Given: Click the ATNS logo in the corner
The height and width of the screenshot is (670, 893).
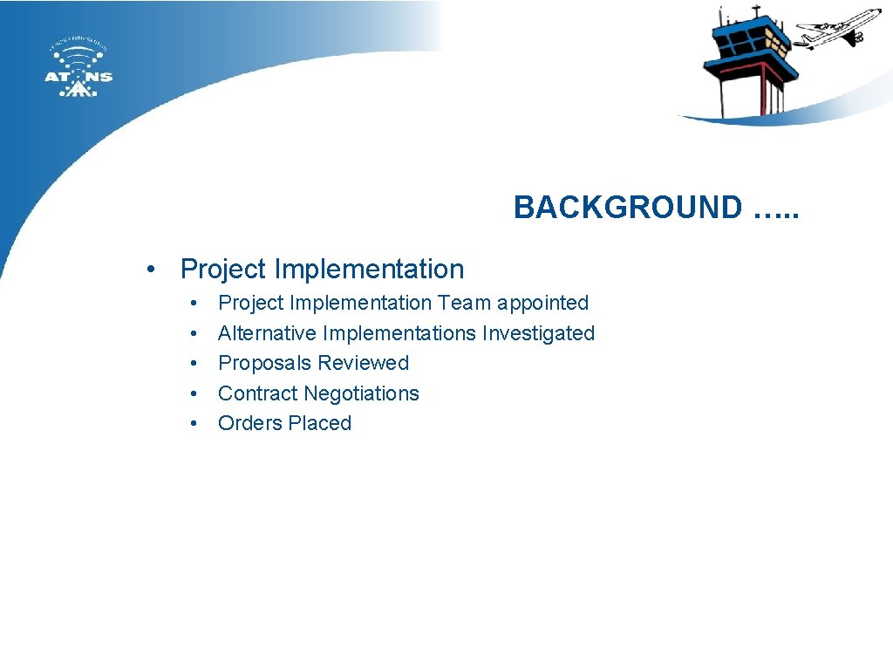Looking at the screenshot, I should [x=78, y=69].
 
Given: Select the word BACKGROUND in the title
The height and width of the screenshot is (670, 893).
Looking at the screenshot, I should [x=627, y=208].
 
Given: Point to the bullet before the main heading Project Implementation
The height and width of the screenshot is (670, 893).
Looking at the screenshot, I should [x=152, y=270].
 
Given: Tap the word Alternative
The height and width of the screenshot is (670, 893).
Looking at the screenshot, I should [x=267, y=333].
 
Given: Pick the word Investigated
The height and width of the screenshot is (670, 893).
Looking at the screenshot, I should [x=539, y=333].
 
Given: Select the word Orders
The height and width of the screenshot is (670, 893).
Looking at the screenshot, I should [x=247, y=423].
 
